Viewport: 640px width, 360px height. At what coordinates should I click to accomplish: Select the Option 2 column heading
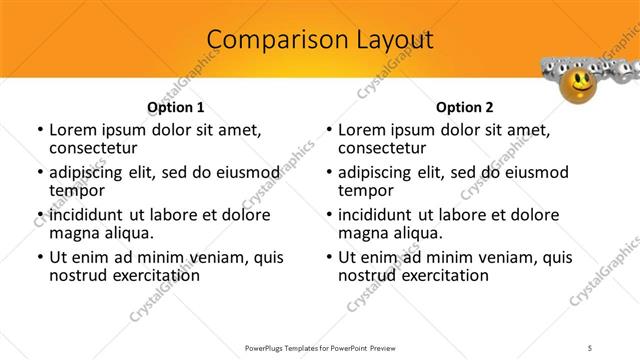pos(465,107)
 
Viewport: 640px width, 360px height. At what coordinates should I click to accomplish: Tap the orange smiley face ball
pos(579,84)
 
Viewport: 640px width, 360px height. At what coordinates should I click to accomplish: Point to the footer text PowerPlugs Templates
pos(285,347)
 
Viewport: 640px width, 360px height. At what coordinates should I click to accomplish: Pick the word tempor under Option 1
pos(77,189)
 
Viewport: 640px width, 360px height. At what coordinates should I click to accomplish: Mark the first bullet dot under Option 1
pos(39,131)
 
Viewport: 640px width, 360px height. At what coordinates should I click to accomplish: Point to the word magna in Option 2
pos(362,232)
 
